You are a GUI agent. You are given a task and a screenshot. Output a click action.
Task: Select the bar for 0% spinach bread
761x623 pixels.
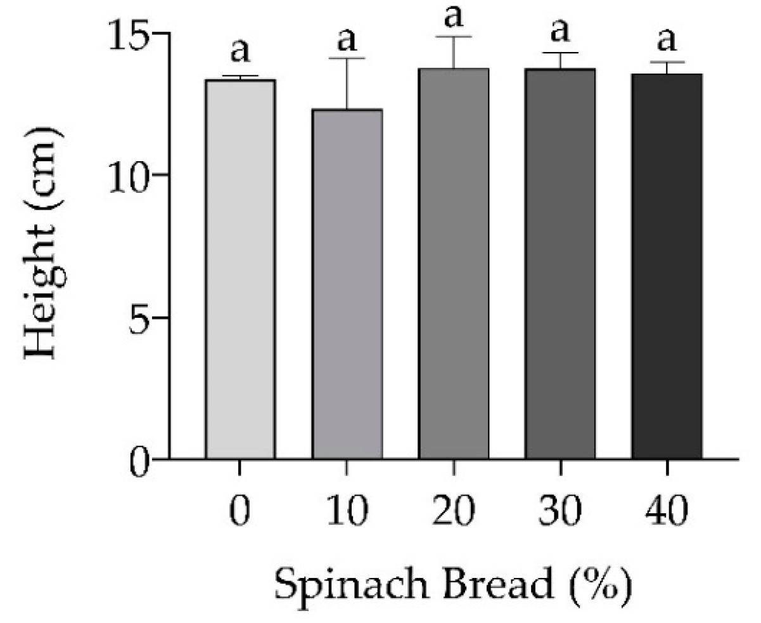[240, 269]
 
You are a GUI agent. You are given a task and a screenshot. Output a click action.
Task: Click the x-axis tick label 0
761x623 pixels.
[240, 511]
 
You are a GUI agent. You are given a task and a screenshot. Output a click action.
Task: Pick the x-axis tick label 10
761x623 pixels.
[347, 511]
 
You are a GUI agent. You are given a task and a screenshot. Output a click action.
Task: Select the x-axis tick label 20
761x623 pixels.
[454, 511]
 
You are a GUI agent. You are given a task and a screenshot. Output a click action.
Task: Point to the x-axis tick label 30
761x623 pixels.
[560, 511]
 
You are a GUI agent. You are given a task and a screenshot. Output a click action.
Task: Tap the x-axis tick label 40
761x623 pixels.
[667, 511]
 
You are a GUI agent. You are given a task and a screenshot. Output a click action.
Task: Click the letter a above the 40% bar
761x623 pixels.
[667, 42]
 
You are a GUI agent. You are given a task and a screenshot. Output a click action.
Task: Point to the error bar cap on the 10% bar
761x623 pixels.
[347, 58]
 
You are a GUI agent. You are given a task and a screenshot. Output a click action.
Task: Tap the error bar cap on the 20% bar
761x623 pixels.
[454, 37]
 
